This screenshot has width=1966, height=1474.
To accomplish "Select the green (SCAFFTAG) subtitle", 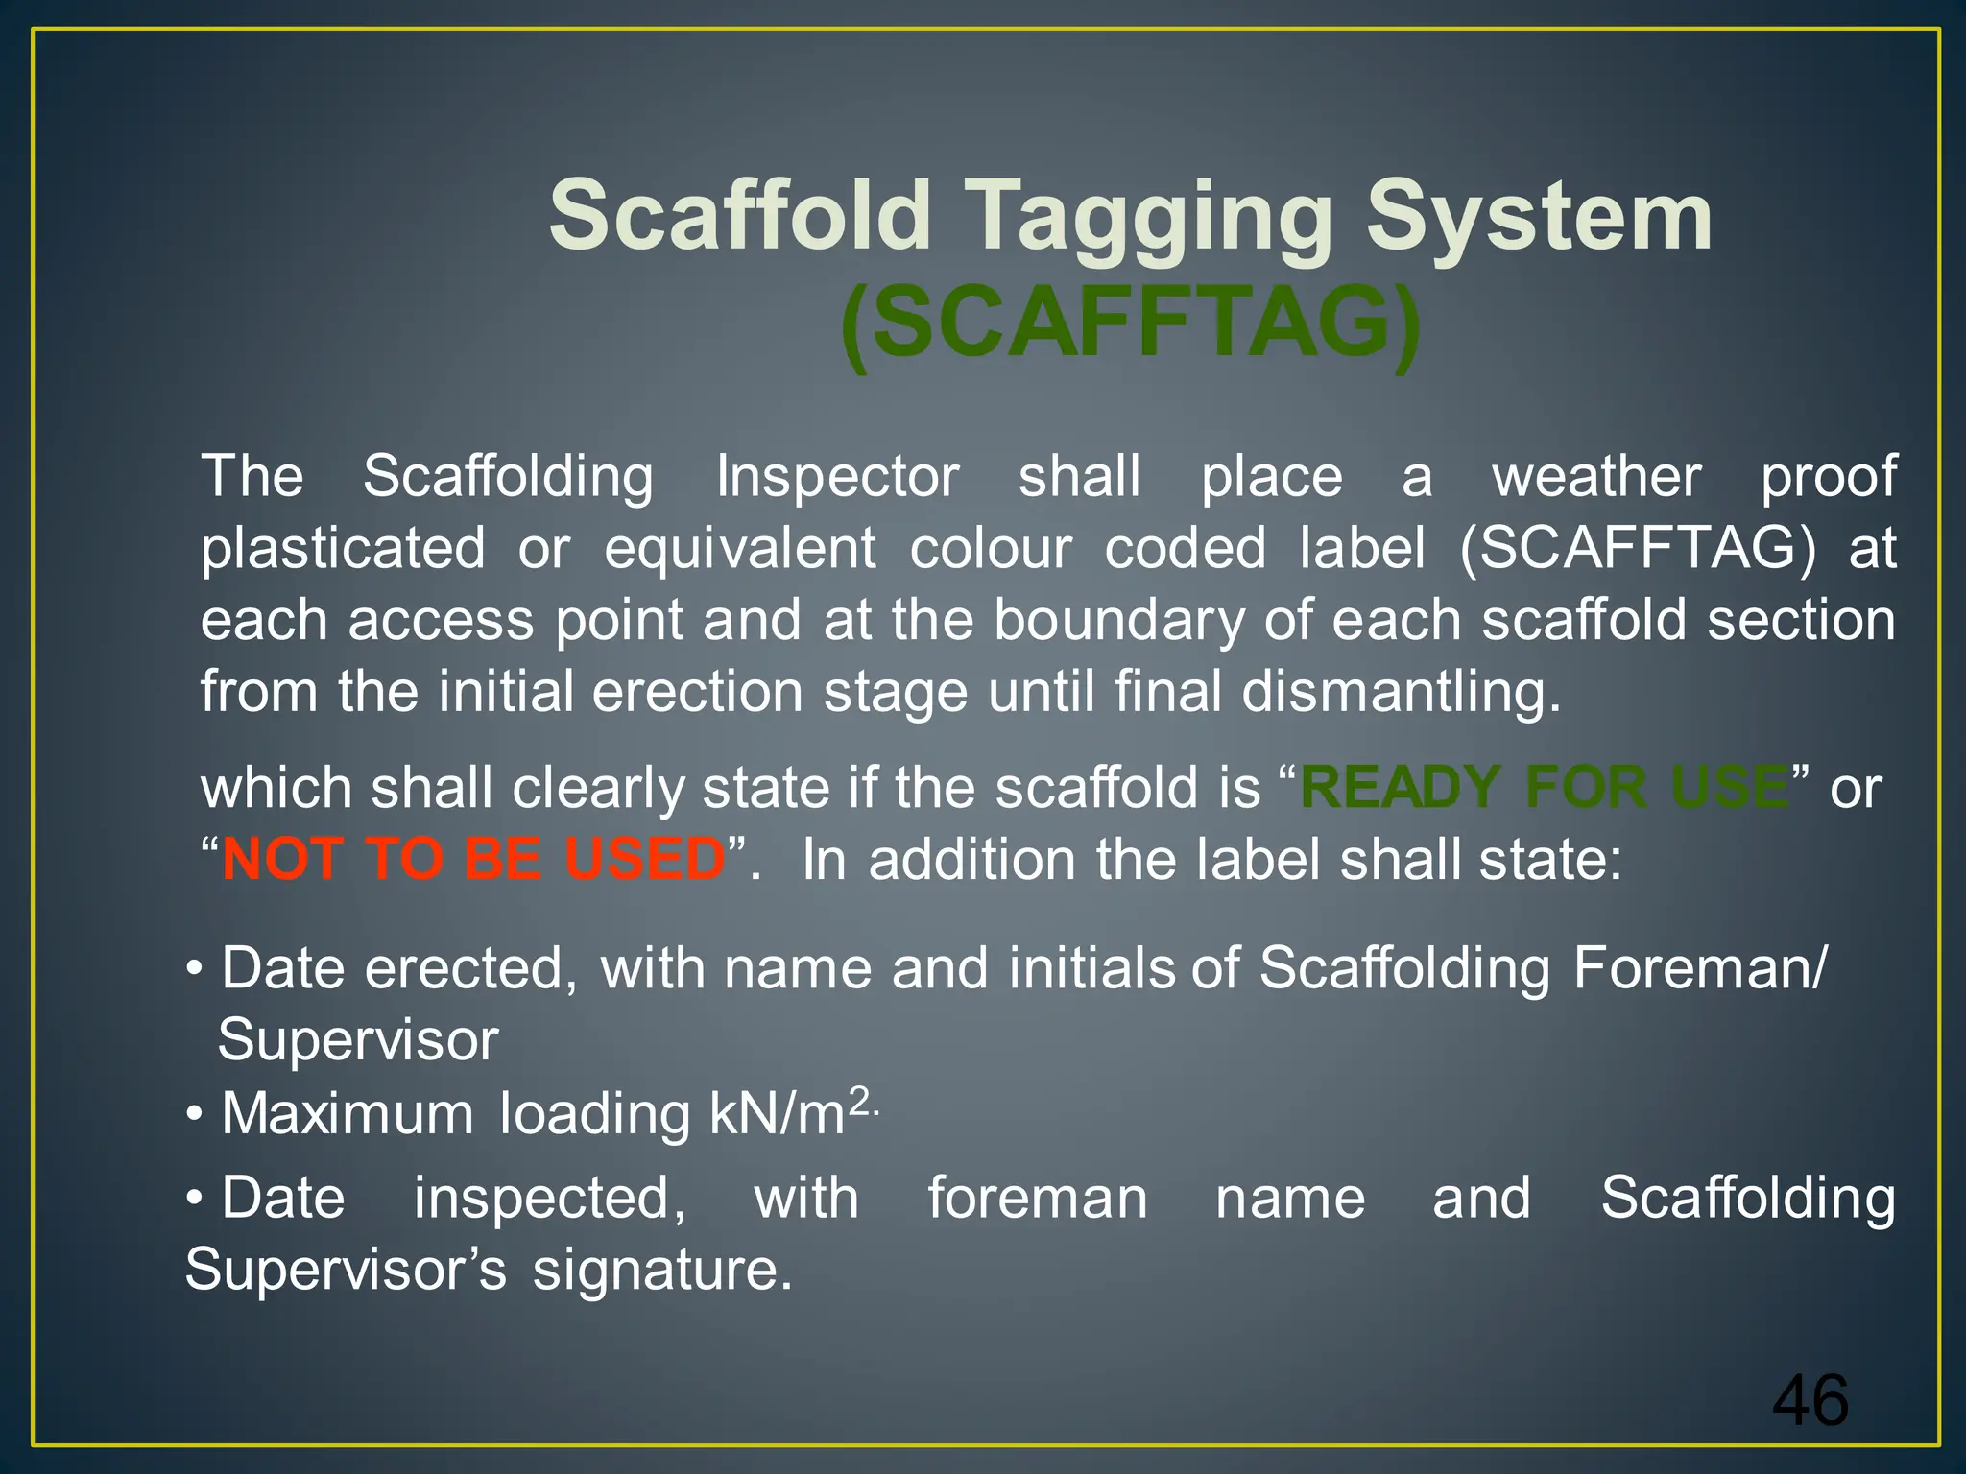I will coord(1130,322).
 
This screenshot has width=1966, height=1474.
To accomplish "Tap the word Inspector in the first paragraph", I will coord(837,476).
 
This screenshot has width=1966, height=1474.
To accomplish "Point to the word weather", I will coord(1596,476).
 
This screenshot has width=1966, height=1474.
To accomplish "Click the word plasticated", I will coord(343,549).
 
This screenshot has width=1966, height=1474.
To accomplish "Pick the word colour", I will coord(991,549).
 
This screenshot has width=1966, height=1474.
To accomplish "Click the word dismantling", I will coord(1401,692).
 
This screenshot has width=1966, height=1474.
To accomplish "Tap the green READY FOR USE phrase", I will coord(1544,788).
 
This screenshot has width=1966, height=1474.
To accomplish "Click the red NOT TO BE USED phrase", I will coord(473,859).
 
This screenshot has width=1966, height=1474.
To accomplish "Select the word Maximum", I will coord(348,1114).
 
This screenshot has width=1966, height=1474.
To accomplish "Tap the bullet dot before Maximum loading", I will coord(195,1116).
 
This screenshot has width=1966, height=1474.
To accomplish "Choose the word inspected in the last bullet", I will coord(549,1199).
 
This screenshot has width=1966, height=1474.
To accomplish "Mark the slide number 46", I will coord(1810,1401).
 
